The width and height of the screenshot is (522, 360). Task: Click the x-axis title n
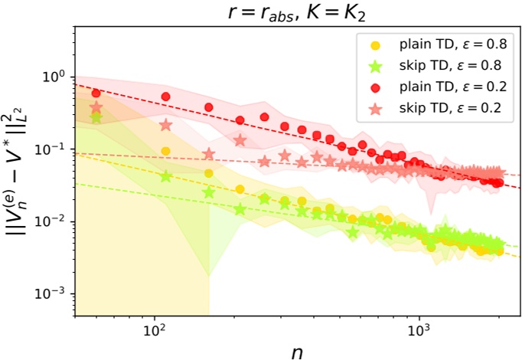pyautogui.click(x=298, y=350)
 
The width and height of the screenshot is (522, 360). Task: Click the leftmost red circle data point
pyautogui.click(x=96, y=93)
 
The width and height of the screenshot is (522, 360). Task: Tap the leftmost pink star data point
pyautogui.click(x=96, y=107)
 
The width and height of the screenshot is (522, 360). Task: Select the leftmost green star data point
pyautogui.click(x=96, y=116)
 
